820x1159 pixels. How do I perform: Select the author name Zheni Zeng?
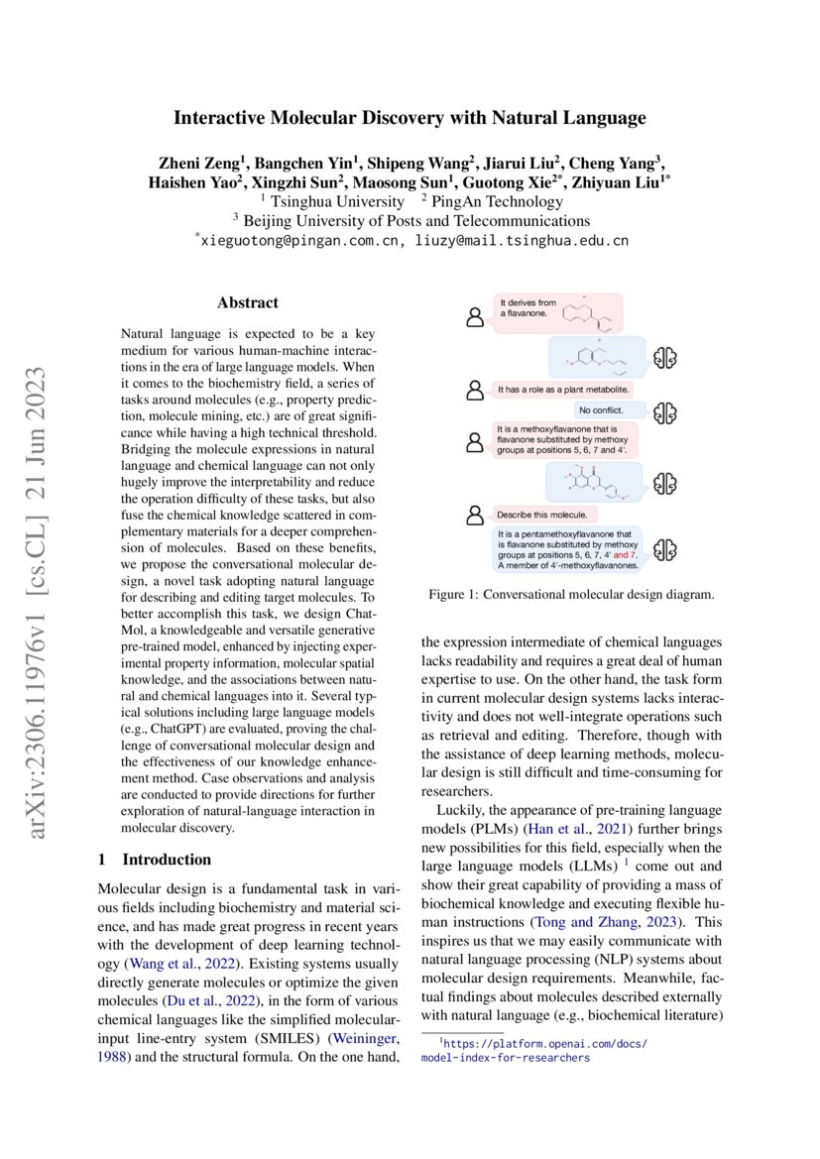(x=198, y=163)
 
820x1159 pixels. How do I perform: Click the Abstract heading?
(x=247, y=302)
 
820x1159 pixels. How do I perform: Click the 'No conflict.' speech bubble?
(x=608, y=410)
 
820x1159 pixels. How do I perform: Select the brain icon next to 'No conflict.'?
(x=666, y=410)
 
